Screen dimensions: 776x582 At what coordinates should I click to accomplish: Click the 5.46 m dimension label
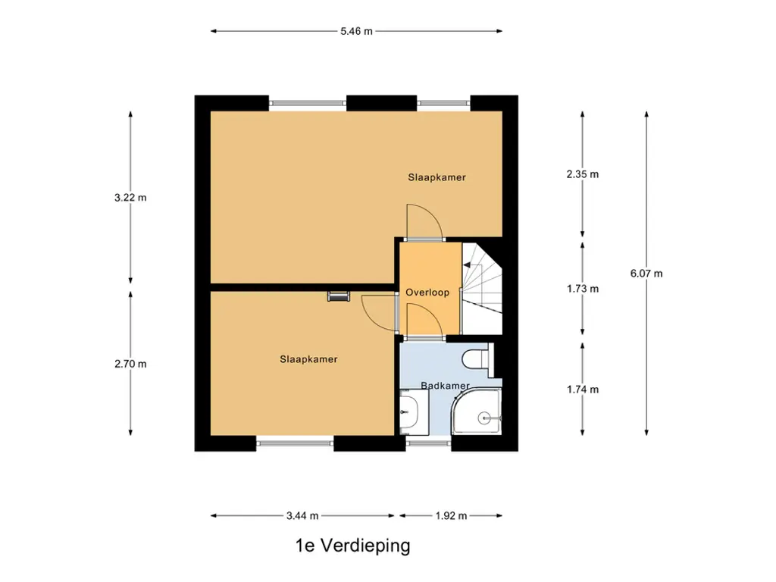point(356,31)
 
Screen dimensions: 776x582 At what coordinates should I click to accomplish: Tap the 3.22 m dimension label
point(130,198)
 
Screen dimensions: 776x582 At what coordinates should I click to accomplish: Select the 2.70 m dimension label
point(130,364)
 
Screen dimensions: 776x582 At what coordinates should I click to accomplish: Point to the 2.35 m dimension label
point(583,174)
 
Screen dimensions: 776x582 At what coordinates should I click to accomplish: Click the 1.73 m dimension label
point(583,289)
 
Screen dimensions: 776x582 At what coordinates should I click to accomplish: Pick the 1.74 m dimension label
point(583,390)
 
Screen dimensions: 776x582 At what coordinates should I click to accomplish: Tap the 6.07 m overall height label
point(646,273)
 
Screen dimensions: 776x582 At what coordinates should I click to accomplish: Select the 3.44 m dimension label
point(302,515)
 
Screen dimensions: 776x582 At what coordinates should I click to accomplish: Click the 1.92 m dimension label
point(452,515)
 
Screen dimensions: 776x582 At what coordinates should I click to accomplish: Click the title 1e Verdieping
point(353,546)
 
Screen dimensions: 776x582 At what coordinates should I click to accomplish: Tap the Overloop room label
point(427,293)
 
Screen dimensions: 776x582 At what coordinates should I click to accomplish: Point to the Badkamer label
point(445,386)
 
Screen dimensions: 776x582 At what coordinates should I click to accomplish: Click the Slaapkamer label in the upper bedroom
point(437,177)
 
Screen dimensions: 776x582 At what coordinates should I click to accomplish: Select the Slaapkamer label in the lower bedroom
point(309,359)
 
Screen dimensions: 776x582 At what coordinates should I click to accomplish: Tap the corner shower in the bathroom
point(477,411)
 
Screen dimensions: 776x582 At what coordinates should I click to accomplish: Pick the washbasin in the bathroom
point(414,411)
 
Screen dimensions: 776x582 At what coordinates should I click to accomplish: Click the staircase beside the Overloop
point(482,288)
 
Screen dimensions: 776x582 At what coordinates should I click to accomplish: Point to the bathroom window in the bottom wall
point(429,443)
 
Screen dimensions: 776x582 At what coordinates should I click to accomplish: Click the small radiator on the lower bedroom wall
point(339,296)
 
